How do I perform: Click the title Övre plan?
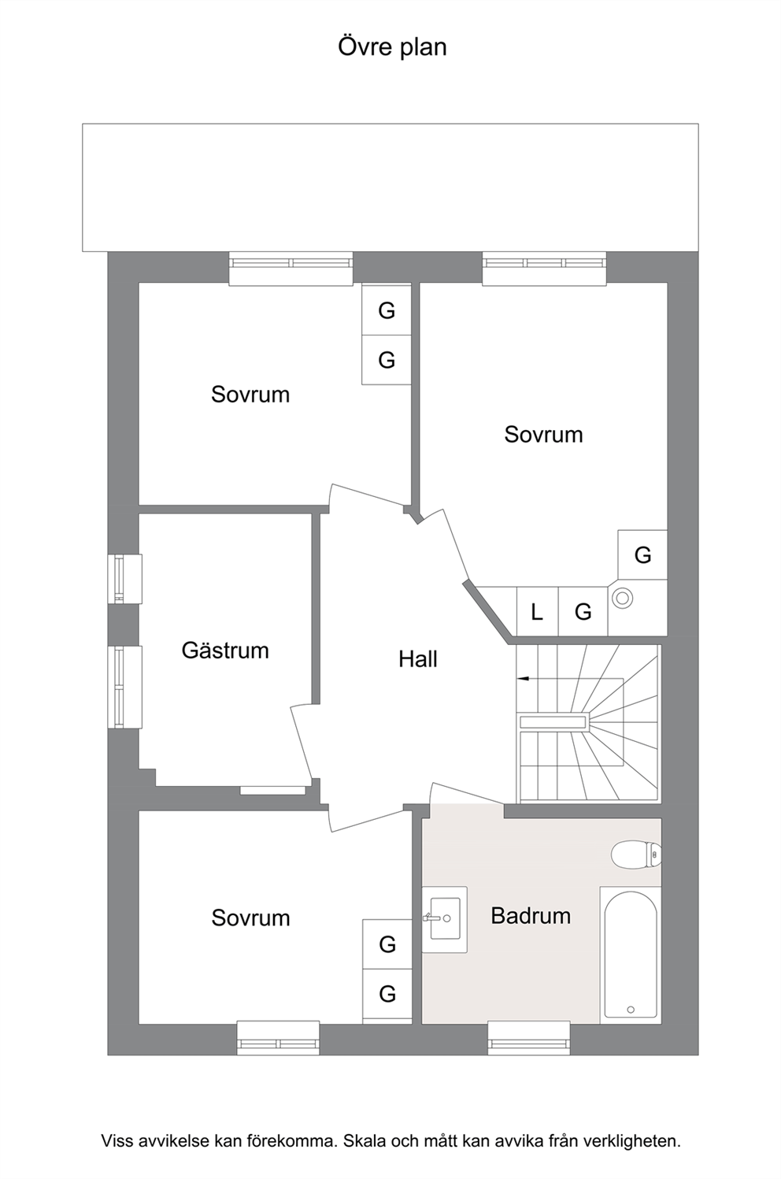pos(392,46)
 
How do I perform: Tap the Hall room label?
pos(417,659)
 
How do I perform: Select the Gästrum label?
pos(225,651)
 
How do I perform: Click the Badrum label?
pos(531,916)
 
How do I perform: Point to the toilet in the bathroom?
pos(636,855)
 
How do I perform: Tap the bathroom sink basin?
pos(445,918)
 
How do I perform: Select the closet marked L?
pos(538,612)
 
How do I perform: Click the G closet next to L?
pos(583,612)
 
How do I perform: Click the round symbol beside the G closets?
pos(622,598)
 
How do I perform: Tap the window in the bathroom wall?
pos(529,1039)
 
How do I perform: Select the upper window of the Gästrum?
pos(124,578)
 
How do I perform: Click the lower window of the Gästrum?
pos(124,687)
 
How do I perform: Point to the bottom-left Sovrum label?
pos(250,918)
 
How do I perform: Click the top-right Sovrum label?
pos(544,435)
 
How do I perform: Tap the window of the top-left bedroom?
pos(291,269)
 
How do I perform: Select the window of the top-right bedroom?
pos(544,269)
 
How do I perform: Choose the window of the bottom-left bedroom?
pos(278,1039)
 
